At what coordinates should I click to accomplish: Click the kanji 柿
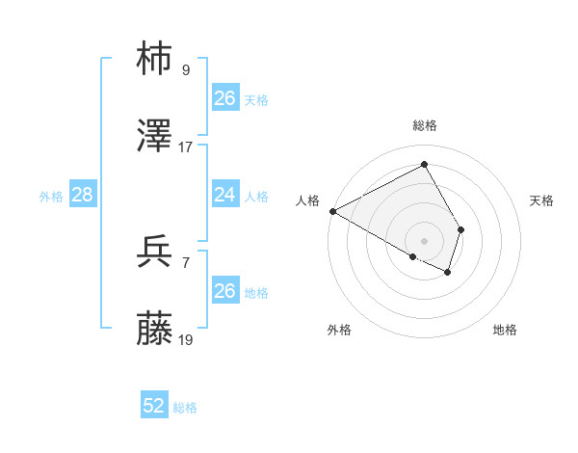click(x=156, y=59)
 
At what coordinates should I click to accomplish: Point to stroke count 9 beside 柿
click(x=186, y=70)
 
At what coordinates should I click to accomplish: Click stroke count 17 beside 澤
click(x=186, y=147)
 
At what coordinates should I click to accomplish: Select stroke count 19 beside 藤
click(x=186, y=340)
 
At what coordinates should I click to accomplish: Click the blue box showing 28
click(x=83, y=195)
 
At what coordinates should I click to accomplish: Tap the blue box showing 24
click(x=225, y=195)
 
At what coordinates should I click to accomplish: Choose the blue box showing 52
click(x=154, y=406)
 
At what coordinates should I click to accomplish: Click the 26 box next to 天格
click(x=225, y=98)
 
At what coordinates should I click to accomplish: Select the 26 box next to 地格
click(x=225, y=291)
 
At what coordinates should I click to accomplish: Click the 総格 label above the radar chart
click(x=425, y=125)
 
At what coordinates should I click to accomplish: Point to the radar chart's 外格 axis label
click(x=339, y=330)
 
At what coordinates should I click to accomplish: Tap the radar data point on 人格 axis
click(x=332, y=211)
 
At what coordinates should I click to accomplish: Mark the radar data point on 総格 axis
click(x=425, y=164)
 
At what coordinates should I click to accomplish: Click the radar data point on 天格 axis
click(x=461, y=229)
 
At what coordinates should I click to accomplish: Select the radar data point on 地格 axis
click(x=448, y=273)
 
